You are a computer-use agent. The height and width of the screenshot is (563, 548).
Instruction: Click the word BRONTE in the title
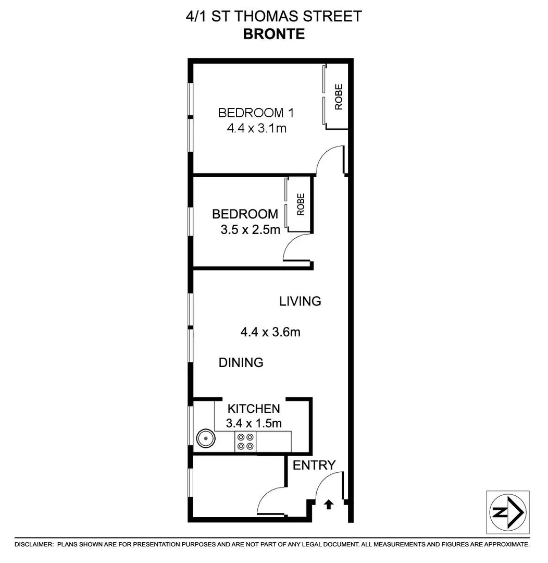[x=274, y=34]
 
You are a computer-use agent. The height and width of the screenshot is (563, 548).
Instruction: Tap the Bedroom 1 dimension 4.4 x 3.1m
[x=256, y=128]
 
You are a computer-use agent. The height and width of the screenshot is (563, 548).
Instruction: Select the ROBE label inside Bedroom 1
[x=339, y=97]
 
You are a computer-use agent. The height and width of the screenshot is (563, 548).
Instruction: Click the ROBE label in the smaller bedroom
[x=301, y=204]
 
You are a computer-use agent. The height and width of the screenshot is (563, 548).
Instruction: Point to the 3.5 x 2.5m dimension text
[x=250, y=229]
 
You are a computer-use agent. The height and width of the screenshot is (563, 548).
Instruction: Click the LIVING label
[x=300, y=301]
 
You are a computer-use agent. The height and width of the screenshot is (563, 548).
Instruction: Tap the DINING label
[x=241, y=362]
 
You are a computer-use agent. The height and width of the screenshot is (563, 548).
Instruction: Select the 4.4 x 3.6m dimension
[x=270, y=332]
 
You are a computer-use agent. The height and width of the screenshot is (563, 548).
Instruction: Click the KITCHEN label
[x=254, y=409]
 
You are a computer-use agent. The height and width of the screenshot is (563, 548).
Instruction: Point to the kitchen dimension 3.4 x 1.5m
[x=254, y=423]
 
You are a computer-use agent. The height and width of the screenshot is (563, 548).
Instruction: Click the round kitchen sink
[x=206, y=439]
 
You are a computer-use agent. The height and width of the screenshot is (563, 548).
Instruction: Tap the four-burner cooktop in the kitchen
[x=245, y=442]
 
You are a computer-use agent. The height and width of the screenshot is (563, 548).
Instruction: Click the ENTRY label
[x=314, y=466]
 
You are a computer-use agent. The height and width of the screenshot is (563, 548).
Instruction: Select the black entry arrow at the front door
[x=329, y=504]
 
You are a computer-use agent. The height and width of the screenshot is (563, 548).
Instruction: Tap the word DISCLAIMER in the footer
[x=34, y=544]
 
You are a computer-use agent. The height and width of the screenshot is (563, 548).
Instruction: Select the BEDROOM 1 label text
[x=251, y=113]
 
